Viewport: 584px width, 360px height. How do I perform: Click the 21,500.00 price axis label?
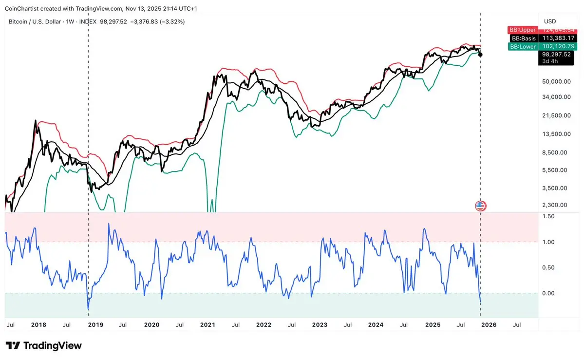coord(556,115)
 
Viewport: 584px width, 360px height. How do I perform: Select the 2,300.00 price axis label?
coord(556,205)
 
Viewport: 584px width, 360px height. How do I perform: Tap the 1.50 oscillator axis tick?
coord(548,216)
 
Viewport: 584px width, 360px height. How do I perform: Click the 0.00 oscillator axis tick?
coord(548,293)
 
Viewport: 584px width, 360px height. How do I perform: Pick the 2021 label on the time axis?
coord(207,324)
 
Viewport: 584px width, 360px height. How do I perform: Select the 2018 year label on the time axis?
coord(38,324)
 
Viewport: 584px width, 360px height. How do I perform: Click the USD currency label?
coord(549,21)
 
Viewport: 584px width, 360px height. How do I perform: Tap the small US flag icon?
coord(481,206)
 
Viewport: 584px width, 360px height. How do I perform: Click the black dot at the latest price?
coord(481,54)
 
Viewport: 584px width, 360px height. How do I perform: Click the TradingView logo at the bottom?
coord(44,346)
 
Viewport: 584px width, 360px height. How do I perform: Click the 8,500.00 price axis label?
coord(556,152)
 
